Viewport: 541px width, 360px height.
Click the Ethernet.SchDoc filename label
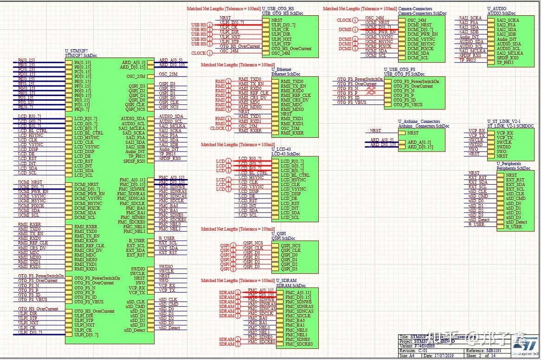coord(288,74)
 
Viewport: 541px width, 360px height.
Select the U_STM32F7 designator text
coord(80,51)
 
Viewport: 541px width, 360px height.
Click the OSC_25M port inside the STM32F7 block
coord(135,77)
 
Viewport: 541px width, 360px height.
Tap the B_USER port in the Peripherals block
coord(514,227)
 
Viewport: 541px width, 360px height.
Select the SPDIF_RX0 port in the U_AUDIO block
coord(507,58)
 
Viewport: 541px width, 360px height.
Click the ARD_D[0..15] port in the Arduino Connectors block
coord(420,147)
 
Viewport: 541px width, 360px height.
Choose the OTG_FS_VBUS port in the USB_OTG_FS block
coord(408,105)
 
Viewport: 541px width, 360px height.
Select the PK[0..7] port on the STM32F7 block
coord(82,109)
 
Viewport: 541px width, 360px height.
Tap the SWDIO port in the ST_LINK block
coord(505,147)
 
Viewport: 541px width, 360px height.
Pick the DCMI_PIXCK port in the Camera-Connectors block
coord(420,48)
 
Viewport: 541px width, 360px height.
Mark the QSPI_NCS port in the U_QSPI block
coord(290,246)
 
